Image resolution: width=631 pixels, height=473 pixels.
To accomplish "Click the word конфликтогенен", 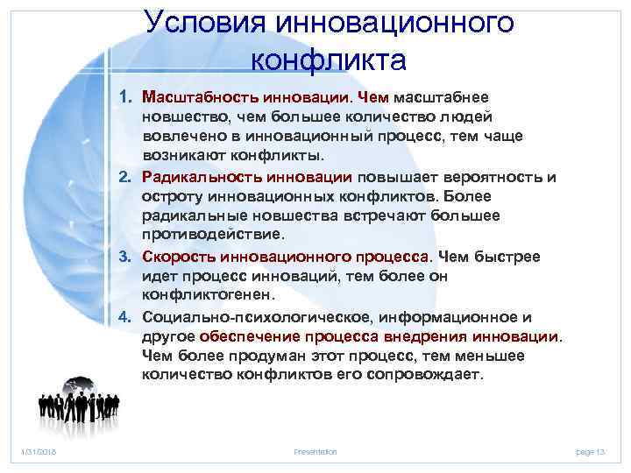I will point(202,295).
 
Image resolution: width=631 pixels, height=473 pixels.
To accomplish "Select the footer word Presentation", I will point(315,450).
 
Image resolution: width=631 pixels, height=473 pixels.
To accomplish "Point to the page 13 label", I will point(592,450).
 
